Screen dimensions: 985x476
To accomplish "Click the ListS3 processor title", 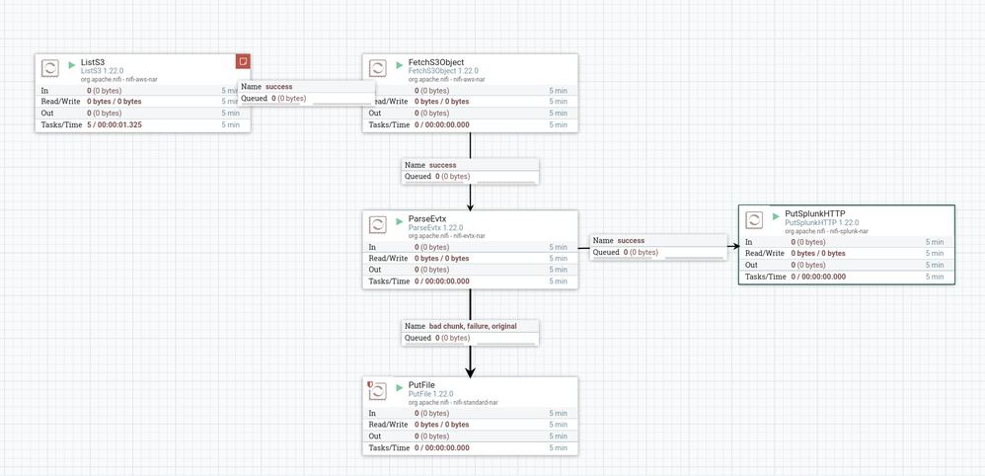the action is point(93,62).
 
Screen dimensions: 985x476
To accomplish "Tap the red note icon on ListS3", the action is point(243,61).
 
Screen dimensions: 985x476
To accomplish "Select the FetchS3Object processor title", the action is point(436,62).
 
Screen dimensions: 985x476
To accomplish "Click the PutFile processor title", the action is point(421,385).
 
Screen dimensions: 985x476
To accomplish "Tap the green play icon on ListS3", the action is point(72,64).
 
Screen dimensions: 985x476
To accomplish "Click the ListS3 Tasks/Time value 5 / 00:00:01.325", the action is point(114,124).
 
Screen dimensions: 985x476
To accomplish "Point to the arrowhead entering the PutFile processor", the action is point(471,371).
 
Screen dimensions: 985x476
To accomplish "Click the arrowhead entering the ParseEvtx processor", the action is point(471,206).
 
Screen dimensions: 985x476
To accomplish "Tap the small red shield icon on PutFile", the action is point(370,383).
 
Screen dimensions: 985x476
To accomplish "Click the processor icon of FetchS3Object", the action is point(378,68).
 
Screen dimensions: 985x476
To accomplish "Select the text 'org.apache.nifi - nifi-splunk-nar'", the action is point(826,231).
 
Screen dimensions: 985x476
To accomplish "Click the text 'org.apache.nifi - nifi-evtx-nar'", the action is point(447,236).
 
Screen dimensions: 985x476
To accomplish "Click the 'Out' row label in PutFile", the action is point(375,436).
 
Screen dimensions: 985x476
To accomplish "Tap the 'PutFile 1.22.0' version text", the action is point(430,394).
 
